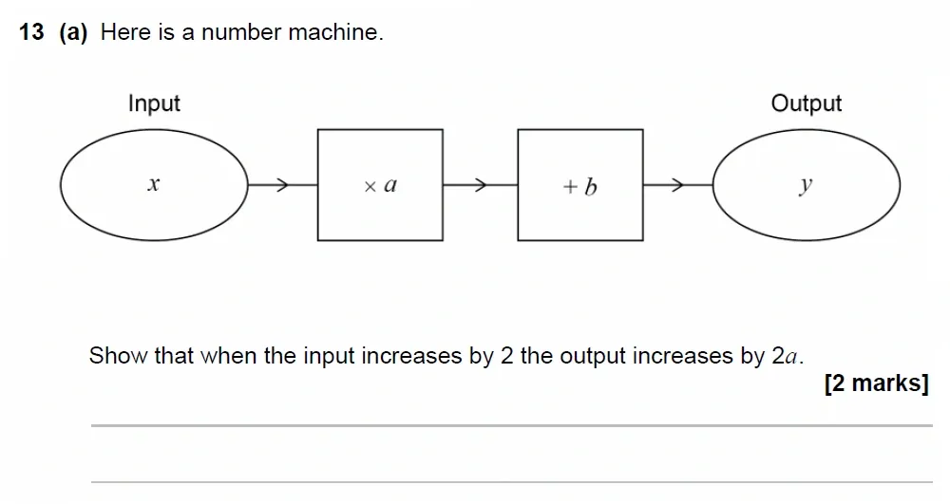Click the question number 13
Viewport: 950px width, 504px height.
coord(31,32)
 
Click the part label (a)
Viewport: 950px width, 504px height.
coord(73,32)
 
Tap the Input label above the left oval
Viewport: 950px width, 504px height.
coord(154,103)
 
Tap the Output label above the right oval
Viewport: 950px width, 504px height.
coord(806,103)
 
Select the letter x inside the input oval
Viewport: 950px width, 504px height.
coord(153,186)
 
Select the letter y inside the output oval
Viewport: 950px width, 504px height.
coord(806,186)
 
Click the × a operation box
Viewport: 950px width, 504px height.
coord(380,185)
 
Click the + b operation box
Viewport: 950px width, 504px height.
coord(580,185)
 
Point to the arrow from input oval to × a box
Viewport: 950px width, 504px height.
coord(281,185)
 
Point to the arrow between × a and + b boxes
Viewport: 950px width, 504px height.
coord(481,185)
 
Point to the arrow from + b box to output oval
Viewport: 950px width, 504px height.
coord(677,185)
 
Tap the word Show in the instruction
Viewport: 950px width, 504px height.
coord(116,356)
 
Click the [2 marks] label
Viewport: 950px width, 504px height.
coord(876,383)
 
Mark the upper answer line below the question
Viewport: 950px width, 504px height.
coord(511,426)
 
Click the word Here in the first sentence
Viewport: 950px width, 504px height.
coord(124,32)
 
